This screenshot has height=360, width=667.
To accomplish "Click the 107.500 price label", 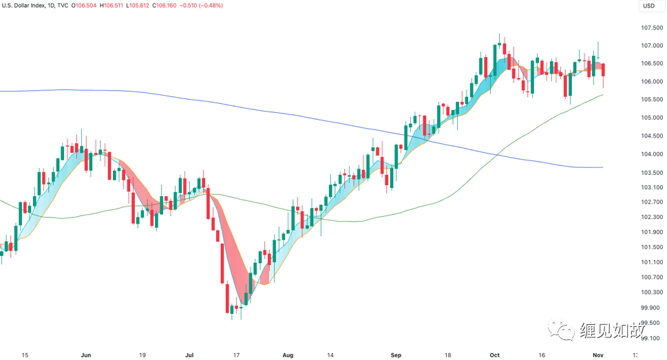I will point(651,28).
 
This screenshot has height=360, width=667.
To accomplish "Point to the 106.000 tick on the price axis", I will point(651,82).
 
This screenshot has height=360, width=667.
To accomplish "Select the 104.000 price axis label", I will point(651,154).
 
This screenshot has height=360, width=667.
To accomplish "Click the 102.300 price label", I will point(651,218).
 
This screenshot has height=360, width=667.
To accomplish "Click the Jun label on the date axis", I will point(86,355).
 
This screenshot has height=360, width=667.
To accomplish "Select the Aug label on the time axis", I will point(288,355).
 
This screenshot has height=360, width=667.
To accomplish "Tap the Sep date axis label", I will point(396,355).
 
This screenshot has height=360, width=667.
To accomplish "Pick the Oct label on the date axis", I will point(494,355).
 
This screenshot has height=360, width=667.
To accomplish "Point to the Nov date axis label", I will point(597,355).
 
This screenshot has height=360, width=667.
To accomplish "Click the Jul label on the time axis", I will point(189,355).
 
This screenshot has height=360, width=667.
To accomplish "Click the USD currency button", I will point(648,6).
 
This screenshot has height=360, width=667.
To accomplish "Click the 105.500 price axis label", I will point(651,100).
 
